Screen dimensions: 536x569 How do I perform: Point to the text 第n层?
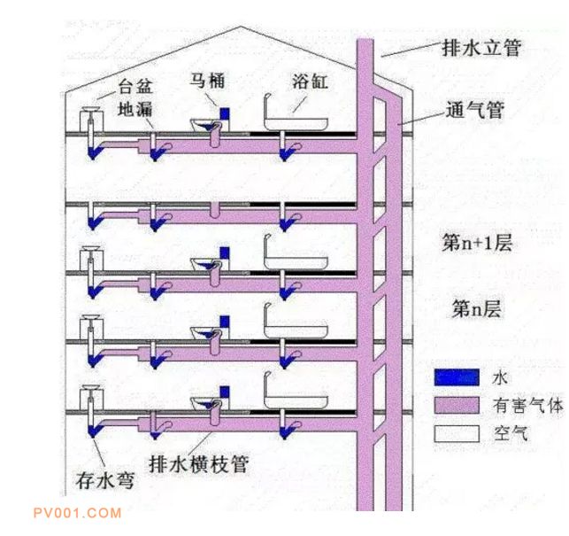[x=477, y=309]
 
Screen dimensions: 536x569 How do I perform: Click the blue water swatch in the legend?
[x=456, y=377]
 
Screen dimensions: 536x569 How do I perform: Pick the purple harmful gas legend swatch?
[x=456, y=406]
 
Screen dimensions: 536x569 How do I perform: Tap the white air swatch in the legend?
[x=456, y=433]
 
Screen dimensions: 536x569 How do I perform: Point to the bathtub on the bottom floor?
[x=296, y=397]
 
